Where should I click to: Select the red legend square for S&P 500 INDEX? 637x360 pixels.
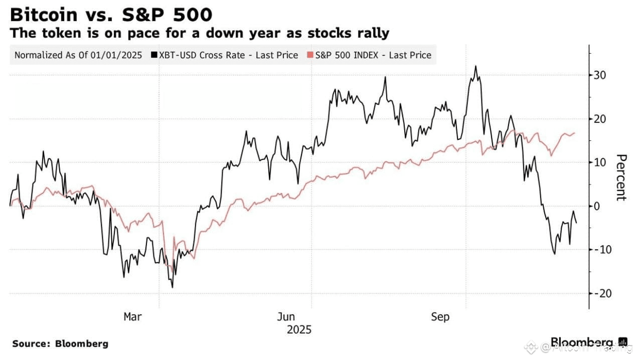(x=310, y=55)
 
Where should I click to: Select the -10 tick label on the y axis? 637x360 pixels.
(x=601, y=250)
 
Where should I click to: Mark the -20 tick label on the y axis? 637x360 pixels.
(x=601, y=293)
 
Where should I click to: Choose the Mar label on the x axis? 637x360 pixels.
(x=132, y=317)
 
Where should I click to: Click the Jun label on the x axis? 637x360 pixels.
(x=286, y=317)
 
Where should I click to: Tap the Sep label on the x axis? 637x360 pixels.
(x=440, y=317)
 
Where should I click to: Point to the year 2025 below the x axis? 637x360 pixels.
(x=299, y=329)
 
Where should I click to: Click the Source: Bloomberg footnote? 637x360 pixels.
(x=60, y=344)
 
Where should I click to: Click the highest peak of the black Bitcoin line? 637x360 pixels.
(x=475, y=66)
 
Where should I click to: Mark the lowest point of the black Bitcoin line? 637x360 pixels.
(x=172, y=287)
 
